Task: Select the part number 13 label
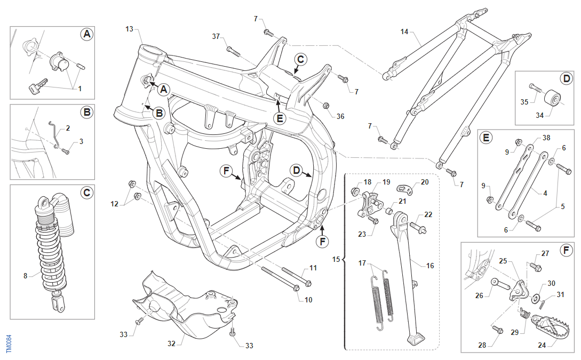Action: (129, 29)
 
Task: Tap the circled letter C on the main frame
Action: (300, 59)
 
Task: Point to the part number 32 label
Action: (171, 343)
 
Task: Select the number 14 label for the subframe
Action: (404, 32)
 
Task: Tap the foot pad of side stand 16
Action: (416, 339)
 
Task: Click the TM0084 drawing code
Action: (9, 343)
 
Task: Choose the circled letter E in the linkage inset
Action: (486, 138)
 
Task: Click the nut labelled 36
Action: (326, 105)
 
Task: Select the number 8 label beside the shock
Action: (25, 276)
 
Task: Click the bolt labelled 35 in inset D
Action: (535, 87)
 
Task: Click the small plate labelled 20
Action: (404, 190)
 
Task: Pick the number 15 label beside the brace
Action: (336, 259)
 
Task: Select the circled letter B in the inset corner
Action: (87, 112)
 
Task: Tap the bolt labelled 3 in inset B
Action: (66, 151)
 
